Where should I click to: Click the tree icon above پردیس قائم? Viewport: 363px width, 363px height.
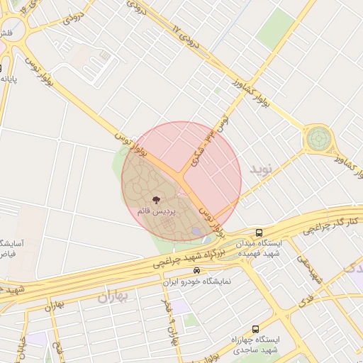tap(156, 201)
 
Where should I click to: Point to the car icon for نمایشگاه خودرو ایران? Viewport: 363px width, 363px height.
tap(196, 271)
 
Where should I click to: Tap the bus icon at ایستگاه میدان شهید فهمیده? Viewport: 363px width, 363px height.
tap(259, 232)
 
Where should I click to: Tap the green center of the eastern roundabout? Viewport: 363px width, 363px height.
tap(318, 138)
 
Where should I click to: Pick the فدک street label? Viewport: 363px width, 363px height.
tap(307, 299)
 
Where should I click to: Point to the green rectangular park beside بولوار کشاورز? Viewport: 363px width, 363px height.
tap(276, 30)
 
